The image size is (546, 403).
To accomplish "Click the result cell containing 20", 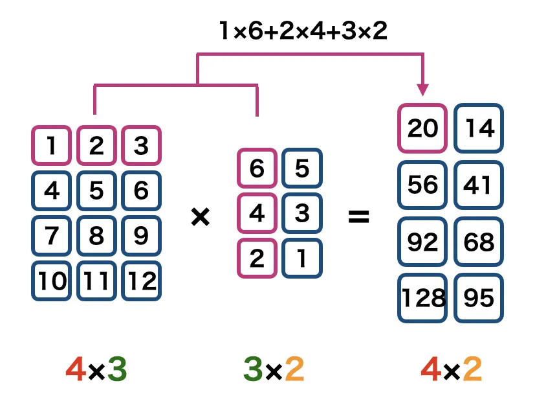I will pyautogui.click(x=422, y=129).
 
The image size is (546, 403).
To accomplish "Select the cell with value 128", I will pyautogui.click(x=422, y=298).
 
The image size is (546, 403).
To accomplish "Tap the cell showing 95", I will pyautogui.click(x=479, y=298).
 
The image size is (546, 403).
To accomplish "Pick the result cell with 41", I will pyautogui.click(x=479, y=185).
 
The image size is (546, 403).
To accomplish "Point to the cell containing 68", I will pyautogui.click(x=479, y=242).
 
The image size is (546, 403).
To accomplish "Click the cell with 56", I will pyautogui.click(x=422, y=185).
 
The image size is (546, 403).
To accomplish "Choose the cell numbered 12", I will pyautogui.click(x=141, y=281).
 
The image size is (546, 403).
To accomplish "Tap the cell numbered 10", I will pyautogui.click(x=51, y=281).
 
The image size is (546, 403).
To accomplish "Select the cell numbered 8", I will pyautogui.click(x=96, y=236).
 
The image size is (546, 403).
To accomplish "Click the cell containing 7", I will pyautogui.click(x=51, y=236).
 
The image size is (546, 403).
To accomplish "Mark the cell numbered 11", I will pyautogui.click(x=96, y=281).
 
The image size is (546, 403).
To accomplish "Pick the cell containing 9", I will pyautogui.click(x=141, y=236).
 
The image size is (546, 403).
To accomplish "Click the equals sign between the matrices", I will pyautogui.click(x=358, y=217).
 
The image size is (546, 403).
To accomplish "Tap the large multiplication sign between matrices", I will pyautogui.click(x=201, y=217).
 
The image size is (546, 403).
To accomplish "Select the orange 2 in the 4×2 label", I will pyautogui.click(x=473, y=370).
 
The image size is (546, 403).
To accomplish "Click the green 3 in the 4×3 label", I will pyautogui.click(x=116, y=370).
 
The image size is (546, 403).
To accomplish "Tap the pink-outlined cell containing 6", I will pyautogui.click(x=257, y=168).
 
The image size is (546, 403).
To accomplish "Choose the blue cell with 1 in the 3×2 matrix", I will pyautogui.click(x=301, y=259).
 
